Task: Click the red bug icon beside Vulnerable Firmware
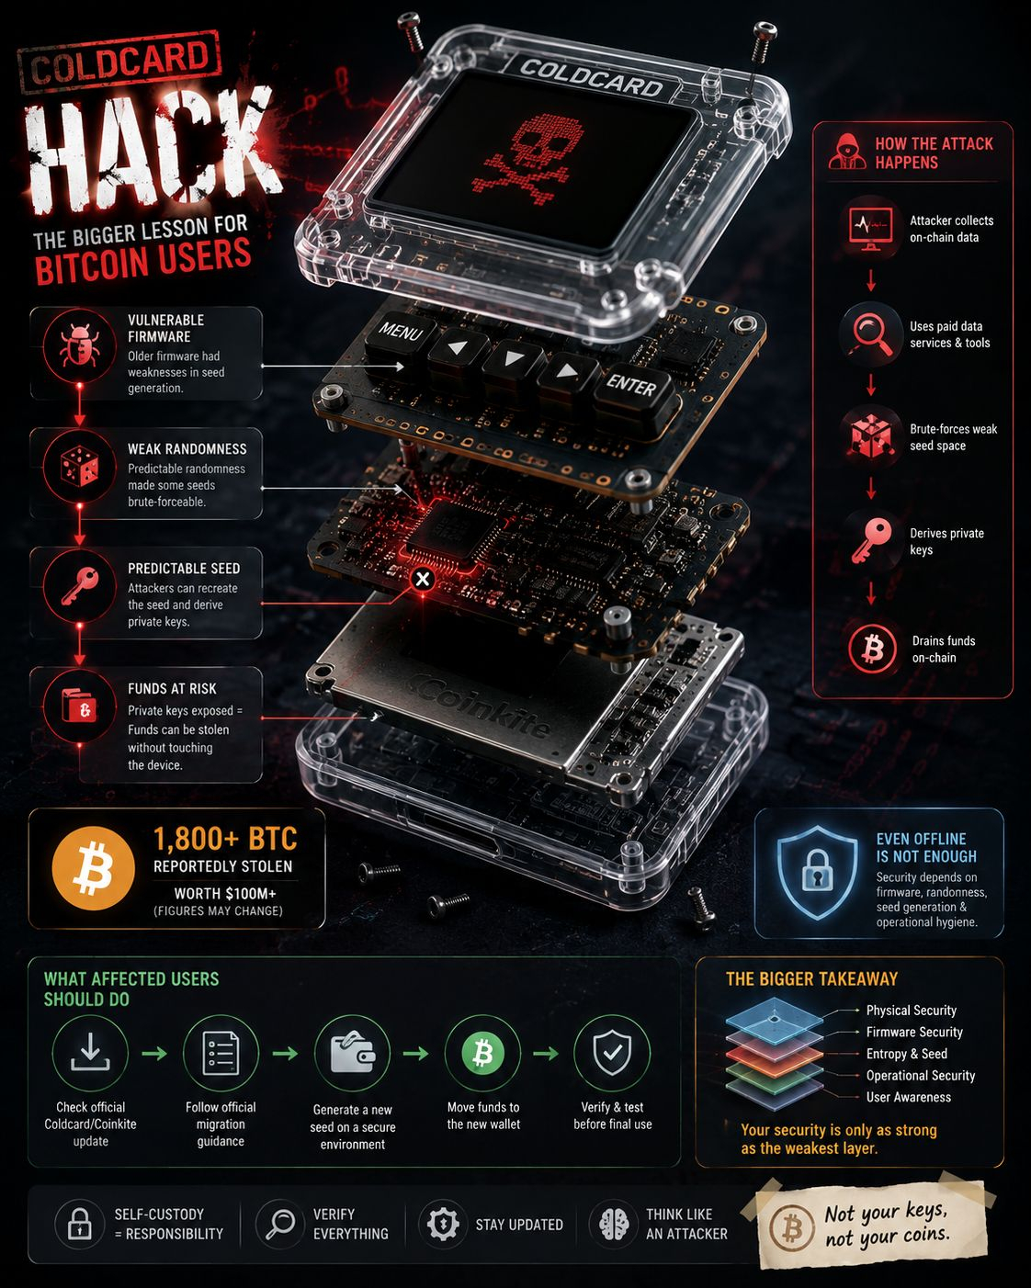pos(79,345)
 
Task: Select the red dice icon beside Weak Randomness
pos(80,467)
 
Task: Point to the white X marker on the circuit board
pos(423,579)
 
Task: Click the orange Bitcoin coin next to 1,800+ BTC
pos(94,868)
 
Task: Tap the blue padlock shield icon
pos(816,873)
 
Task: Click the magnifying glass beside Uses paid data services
pos(872,334)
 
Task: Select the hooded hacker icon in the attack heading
pos(847,152)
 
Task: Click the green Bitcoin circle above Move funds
pos(482,1053)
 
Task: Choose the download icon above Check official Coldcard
pos(90,1052)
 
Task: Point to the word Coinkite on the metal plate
pos(482,705)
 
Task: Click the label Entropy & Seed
pos(906,1054)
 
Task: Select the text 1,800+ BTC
pos(225,839)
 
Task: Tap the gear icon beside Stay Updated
pos(443,1224)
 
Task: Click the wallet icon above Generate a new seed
pos(353,1052)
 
